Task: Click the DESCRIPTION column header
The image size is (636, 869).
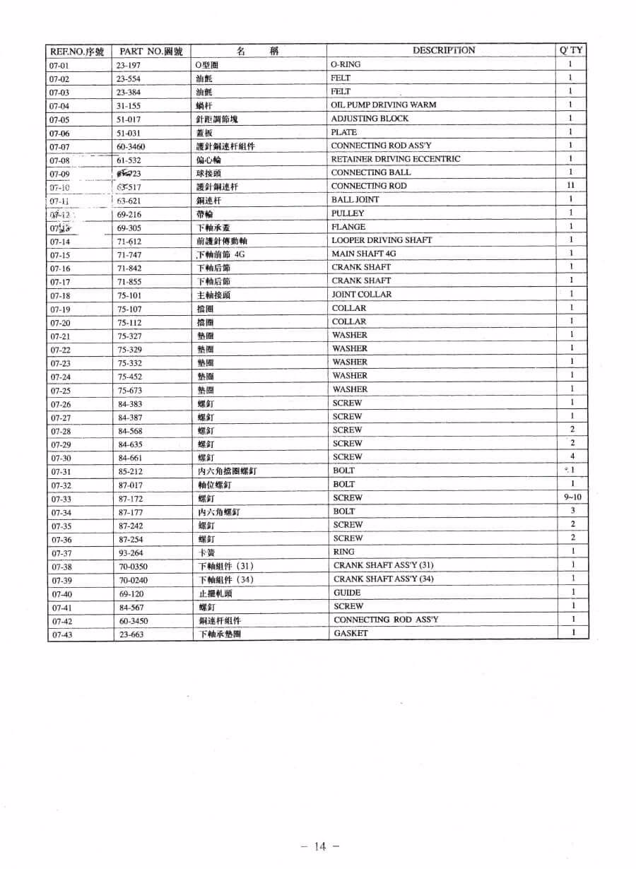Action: (443, 50)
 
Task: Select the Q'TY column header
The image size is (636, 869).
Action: (571, 50)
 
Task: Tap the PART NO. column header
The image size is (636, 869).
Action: (151, 52)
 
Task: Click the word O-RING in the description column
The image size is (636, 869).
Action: (346, 64)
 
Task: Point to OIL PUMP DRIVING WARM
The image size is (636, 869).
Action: (383, 105)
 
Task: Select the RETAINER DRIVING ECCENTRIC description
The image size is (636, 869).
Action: (395, 159)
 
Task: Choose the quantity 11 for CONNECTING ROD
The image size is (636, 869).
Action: (571, 185)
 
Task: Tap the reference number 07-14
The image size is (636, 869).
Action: (59, 242)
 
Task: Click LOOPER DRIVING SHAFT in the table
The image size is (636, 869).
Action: (382, 240)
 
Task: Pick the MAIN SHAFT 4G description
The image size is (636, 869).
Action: (364, 254)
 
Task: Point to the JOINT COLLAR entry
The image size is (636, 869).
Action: (362, 295)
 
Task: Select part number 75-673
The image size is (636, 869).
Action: (130, 391)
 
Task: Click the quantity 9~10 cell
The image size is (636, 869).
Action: (572, 497)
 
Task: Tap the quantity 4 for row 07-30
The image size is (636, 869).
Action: (572, 456)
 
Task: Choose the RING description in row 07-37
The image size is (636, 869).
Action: (343, 552)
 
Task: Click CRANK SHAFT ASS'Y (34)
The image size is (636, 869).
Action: (383, 579)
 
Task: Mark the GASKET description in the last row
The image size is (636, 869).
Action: (351, 633)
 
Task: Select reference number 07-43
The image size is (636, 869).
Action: (61, 635)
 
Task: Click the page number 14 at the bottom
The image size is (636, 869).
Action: (320, 846)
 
